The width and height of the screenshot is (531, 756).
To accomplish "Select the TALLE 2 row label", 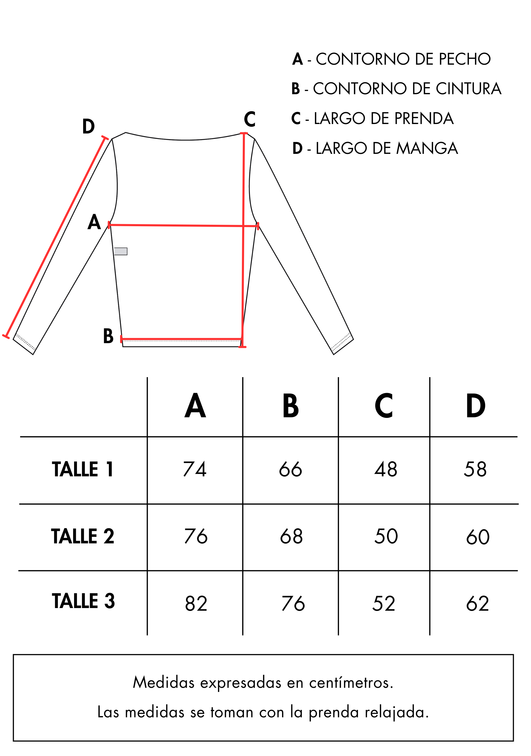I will tap(83, 536).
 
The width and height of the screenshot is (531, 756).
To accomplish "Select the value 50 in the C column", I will tap(386, 536).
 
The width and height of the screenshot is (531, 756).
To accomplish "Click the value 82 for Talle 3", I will tap(196, 604).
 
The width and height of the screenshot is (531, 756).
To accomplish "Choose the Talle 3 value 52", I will tap(383, 604).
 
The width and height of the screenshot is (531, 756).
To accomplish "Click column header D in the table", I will tap(476, 406).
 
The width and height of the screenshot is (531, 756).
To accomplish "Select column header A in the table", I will tap(195, 406).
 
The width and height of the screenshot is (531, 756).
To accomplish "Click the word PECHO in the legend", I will tap(465, 59).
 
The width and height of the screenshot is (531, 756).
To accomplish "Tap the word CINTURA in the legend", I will tap(468, 89).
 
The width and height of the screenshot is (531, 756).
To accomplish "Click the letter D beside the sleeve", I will tap(88, 126).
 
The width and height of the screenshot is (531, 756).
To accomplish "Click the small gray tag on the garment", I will tap(121, 252).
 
